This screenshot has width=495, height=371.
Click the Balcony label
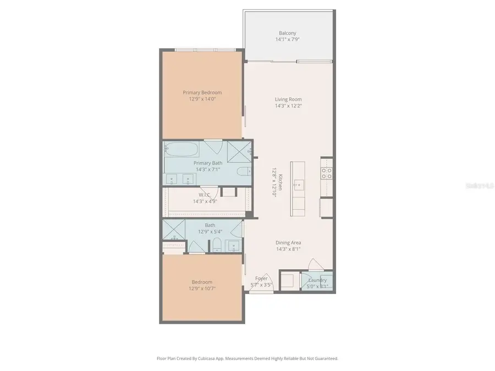[x=288, y=33]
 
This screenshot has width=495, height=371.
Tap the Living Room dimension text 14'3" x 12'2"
[x=288, y=106]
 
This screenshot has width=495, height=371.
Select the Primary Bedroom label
[x=202, y=92]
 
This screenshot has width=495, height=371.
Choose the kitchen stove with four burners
[x=327, y=173]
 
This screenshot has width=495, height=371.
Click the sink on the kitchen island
[x=298, y=184]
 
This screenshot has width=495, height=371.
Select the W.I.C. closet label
[x=205, y=195]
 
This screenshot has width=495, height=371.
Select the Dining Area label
[x=288, y=242]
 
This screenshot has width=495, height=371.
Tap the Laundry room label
[x=317, y=280]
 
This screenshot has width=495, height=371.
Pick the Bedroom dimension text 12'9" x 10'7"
[x=202, y=289]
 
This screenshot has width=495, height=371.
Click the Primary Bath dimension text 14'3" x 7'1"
[x=207, y=170]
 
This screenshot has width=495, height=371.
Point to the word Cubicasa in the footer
[x=221, y=358]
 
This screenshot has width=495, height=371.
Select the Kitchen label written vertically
[x=280, y=182]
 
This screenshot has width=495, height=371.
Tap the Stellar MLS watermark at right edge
[x=480, y=186]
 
